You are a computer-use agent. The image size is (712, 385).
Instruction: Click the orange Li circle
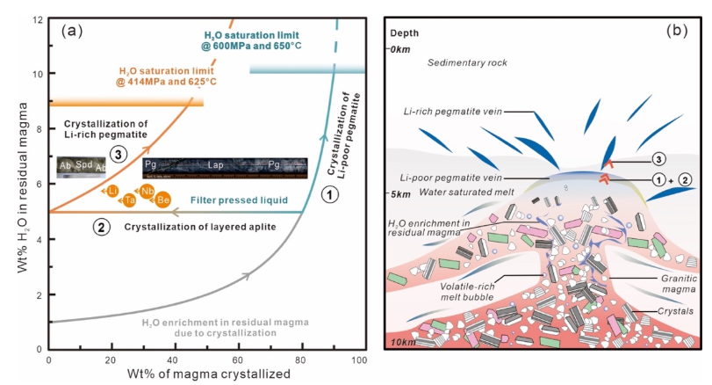tap(114, 190)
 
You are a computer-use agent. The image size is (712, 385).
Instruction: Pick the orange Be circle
tap(164, 200)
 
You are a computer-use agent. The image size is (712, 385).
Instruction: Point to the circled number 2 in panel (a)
tap(103, 228)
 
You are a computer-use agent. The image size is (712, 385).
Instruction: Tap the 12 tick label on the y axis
tap(35, 18)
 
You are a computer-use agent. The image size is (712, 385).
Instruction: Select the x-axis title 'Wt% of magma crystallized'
tap(203, 376)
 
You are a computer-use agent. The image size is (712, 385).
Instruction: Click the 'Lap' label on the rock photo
tap(215, 163)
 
